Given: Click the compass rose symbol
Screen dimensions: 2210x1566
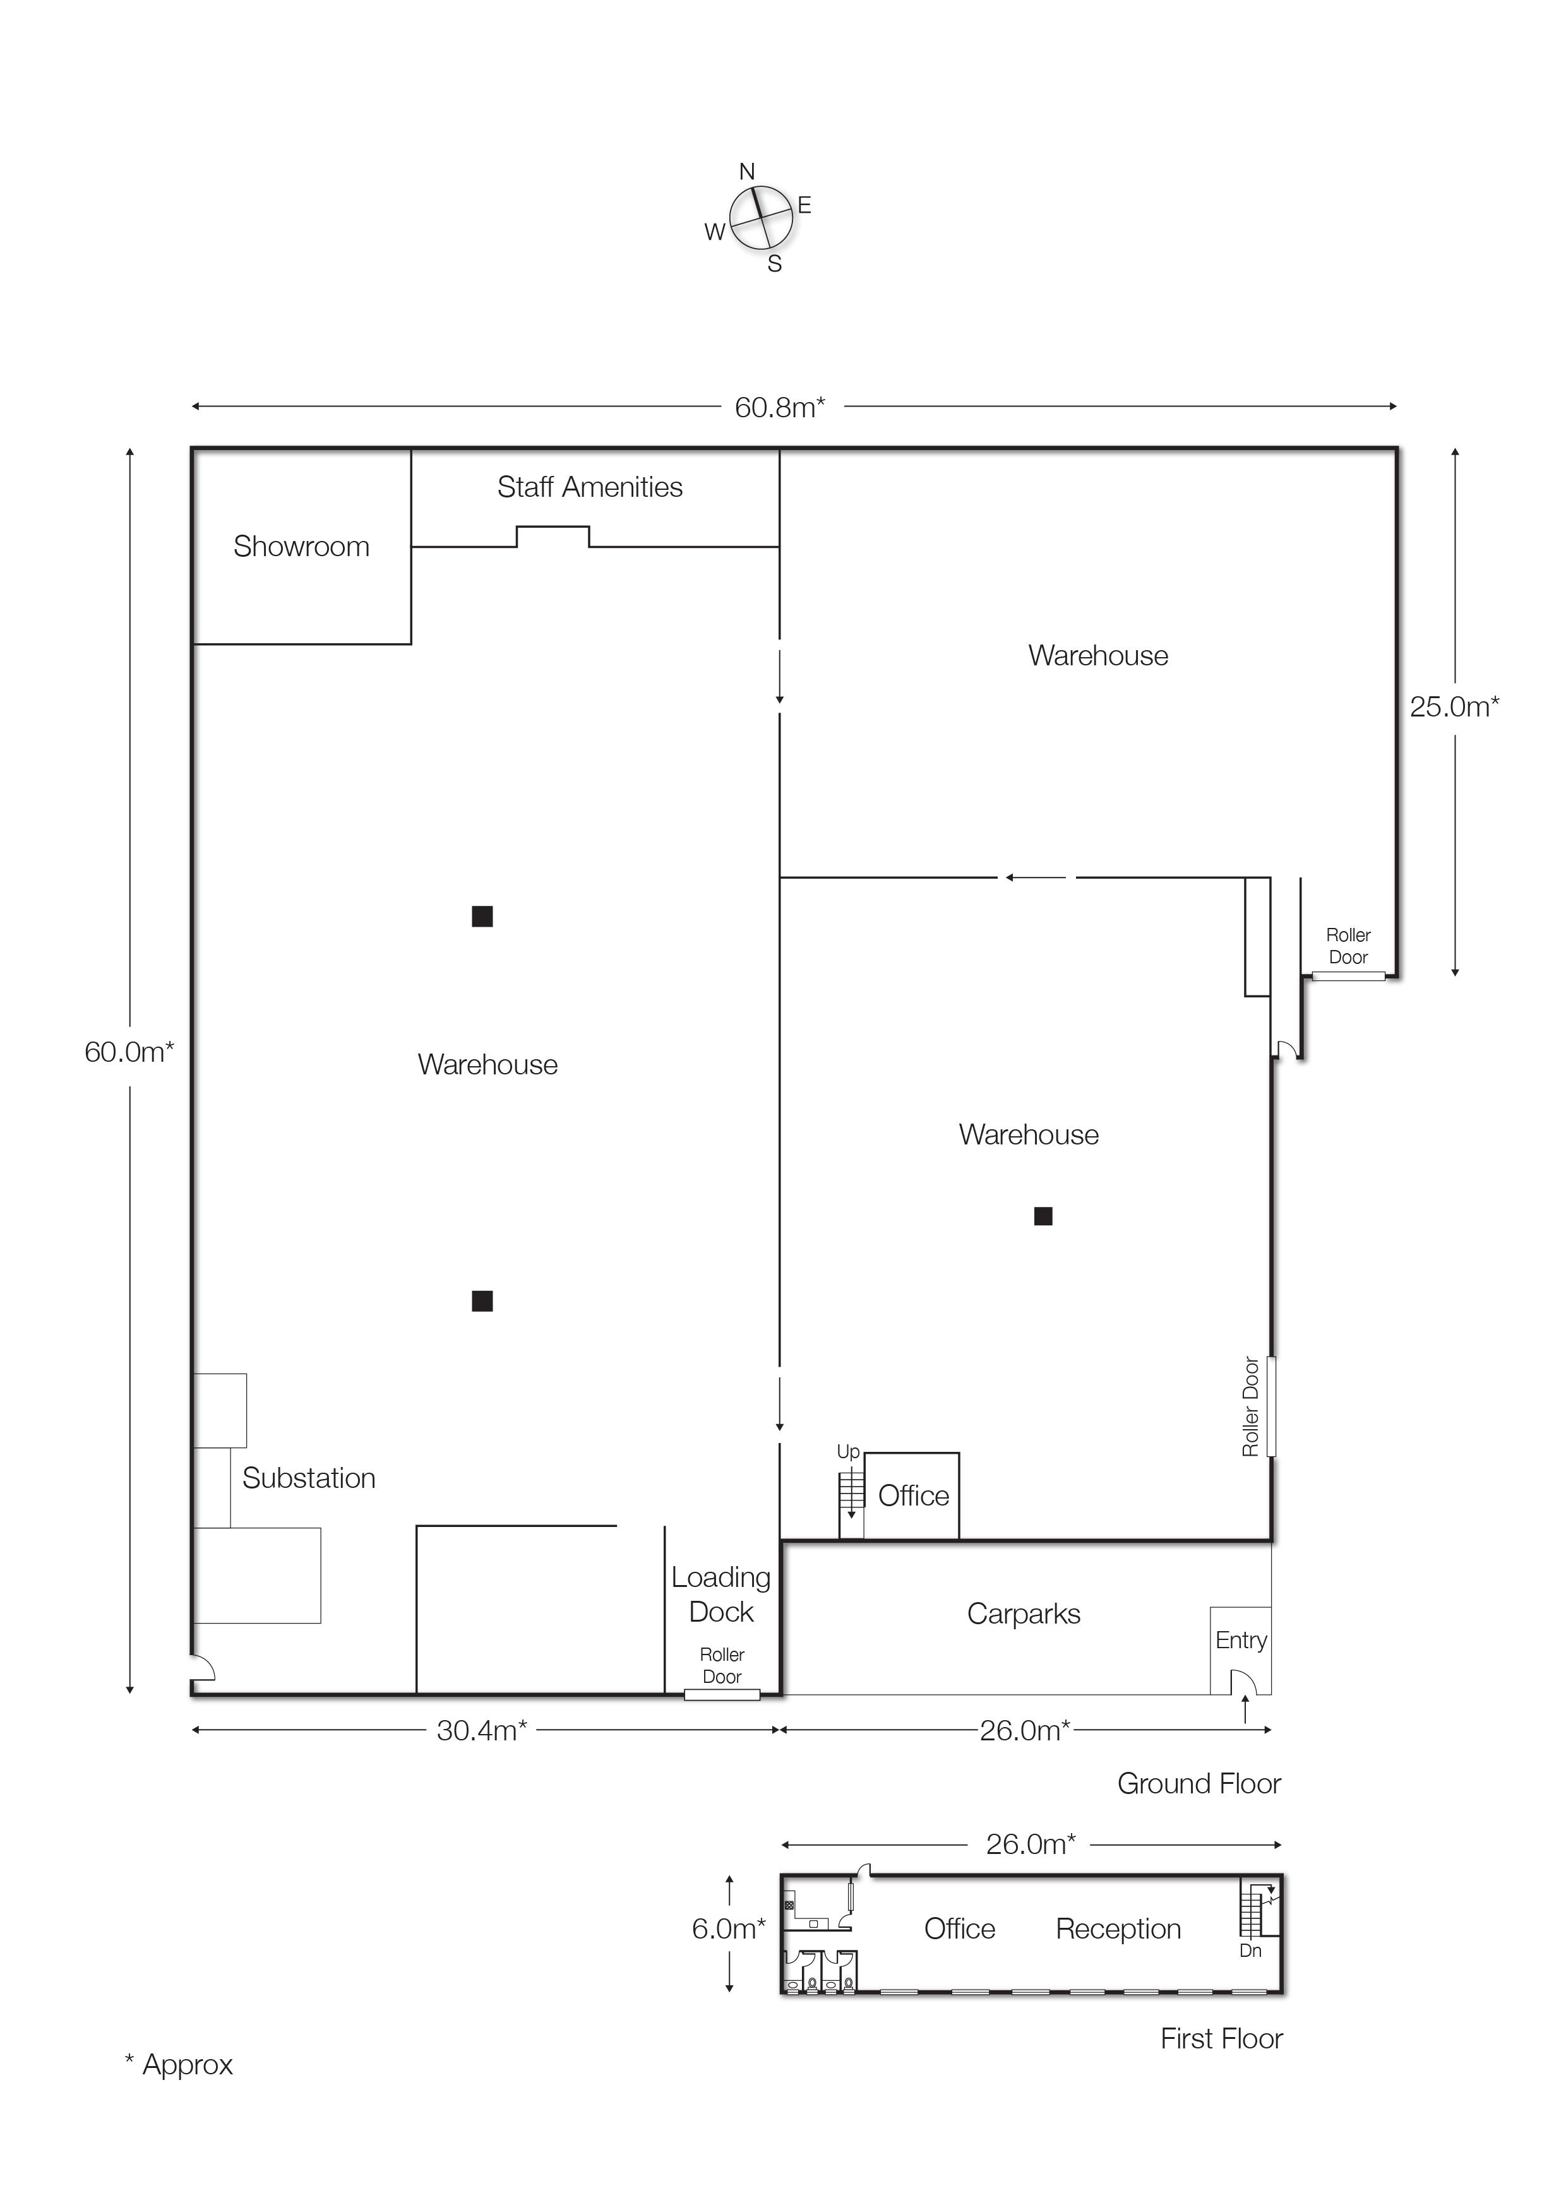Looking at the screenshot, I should click(760, 217).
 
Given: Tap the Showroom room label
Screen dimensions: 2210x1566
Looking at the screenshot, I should click(301, 547).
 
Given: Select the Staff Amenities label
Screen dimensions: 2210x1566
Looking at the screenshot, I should click(589, 487).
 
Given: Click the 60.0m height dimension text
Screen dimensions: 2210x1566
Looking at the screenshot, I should click(128, 1052).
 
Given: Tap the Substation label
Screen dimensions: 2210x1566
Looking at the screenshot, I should click(309, 1478).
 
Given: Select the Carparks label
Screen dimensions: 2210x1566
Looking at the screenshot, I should click(1023, 1613).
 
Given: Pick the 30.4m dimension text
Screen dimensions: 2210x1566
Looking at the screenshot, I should click(481, 1730).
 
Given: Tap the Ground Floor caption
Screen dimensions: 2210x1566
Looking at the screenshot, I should click(1198, 1783).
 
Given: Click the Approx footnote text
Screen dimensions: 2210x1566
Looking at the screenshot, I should click(179, 2064).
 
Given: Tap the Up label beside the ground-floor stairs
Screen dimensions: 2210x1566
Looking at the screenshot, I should click(847, 1451).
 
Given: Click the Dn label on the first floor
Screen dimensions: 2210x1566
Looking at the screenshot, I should click(1250, 1951).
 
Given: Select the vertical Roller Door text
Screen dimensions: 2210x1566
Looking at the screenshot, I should click(1251, 1406).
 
